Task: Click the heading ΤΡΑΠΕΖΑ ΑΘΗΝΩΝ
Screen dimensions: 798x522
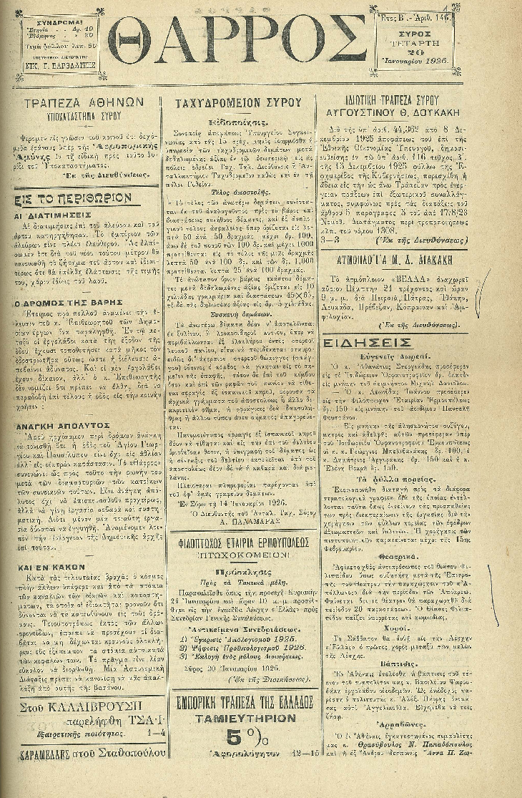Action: pyautogui.click(x=85, y=103)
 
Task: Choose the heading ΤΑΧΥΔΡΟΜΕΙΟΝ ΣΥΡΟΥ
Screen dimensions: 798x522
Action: pyautogui.click(x=238, y=103)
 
